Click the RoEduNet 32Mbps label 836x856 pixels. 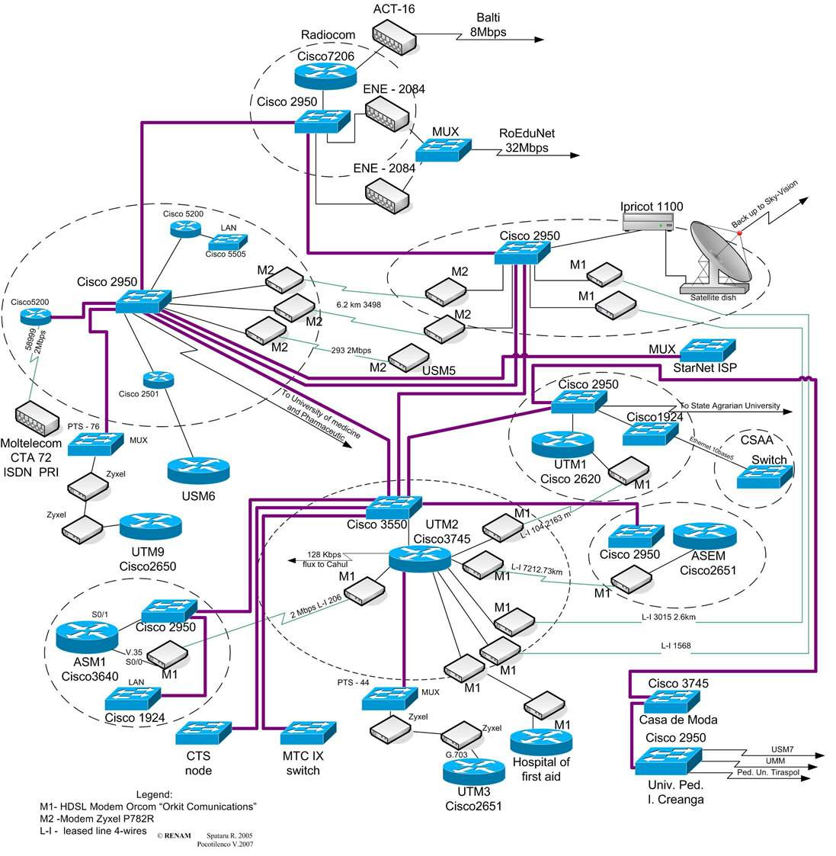tap(527, 140)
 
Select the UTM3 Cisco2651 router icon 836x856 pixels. tap(473, 771)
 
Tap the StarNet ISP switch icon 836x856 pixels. tap(708, 349)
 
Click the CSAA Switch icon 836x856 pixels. tap(764, 477)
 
